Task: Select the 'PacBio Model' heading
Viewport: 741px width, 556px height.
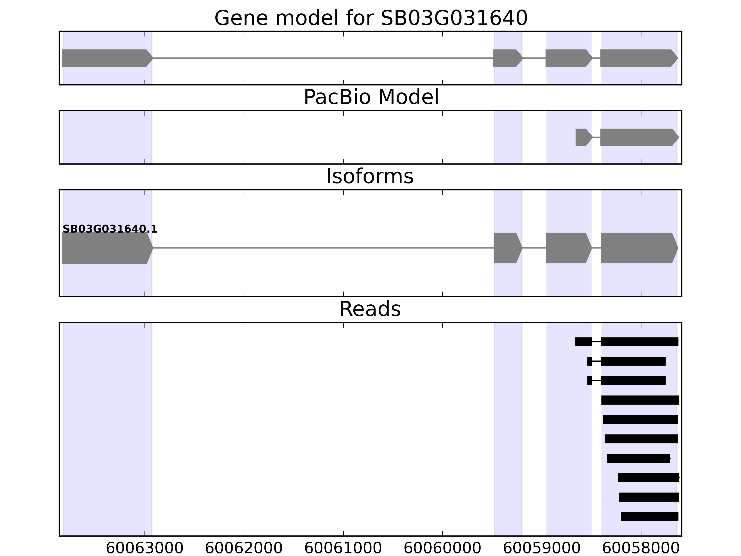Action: pyautogui.click(x=371, y=97)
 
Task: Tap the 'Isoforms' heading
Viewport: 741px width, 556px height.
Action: pyautogui.click(x=370, y=177)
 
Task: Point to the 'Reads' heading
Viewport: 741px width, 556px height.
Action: pyautogui.click(x=370, y=309)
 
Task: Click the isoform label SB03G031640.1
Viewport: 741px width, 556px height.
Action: pyautogui.click(x=110, y=229)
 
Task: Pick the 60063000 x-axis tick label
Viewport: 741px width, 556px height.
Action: pyautogui.click(x=144, y=549)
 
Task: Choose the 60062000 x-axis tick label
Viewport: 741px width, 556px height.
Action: pyautogui.click(x=244, y=549)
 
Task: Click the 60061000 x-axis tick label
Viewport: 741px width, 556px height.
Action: pyautogui.click(x=343, y=549)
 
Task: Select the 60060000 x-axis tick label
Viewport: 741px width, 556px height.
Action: pyautogui.click(x=442, y=549)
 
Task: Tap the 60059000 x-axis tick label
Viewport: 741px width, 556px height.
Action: pyautogui.click(x=542, y=549)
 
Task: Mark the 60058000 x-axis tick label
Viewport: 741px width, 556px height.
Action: pyautogui.click(x=641, y=549)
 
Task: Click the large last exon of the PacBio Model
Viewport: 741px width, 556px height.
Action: pyautogui.click(x=638, y=137)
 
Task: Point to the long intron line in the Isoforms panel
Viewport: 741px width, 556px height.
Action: pyautogui.click(x=323, y=248)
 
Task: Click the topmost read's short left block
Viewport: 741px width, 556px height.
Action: pyautogui.click(x=583, y=342)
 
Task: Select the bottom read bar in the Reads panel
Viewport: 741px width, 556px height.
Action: pyautogui.click(x=649, y=516)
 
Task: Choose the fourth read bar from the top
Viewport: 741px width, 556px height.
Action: pyautogui.click(x=640, y=400)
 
